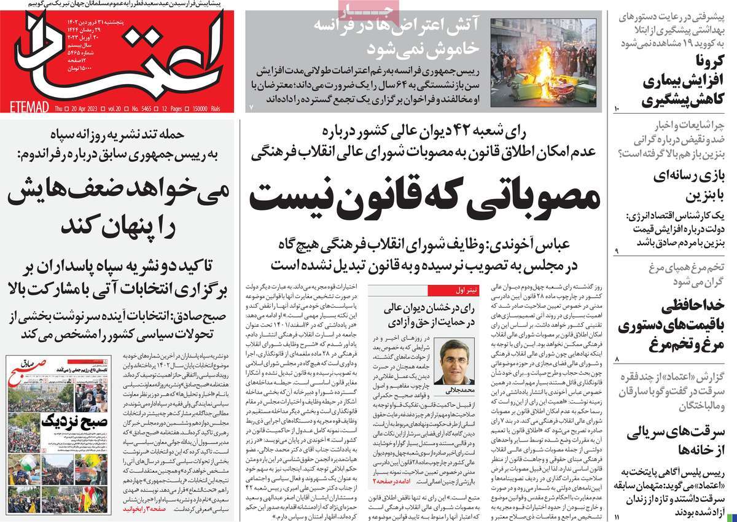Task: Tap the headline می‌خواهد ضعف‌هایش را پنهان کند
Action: pyautogui.click(x=119, y=206)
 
